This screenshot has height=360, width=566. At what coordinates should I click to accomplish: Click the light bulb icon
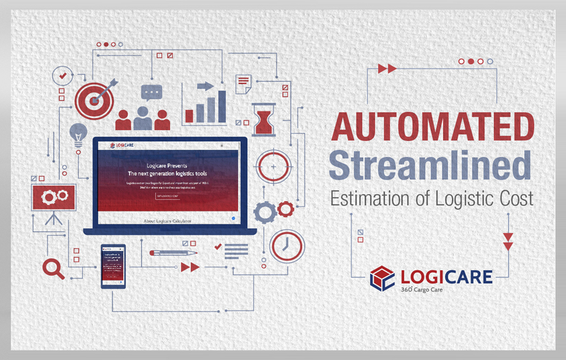click(x=78, y=133)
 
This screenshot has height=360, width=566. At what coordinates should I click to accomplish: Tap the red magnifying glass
click(x=53, y=268)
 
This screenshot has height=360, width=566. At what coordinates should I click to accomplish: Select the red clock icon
click(x=287, y=245)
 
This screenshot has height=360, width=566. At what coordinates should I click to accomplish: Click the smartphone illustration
click(x=113, y=266)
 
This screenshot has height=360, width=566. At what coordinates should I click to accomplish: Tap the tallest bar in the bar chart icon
click(x=222, y=106)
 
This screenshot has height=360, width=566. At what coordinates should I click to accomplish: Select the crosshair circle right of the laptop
click(x=274, y=166)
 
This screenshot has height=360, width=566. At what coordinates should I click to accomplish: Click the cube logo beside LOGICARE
click(x=383, y=278)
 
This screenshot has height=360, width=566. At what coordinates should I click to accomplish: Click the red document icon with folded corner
click(x=243, y=84)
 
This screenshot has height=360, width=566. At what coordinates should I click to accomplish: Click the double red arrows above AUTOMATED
click(x=387, y=69)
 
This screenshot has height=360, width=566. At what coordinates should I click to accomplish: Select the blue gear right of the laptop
click(x=264, y=211)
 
